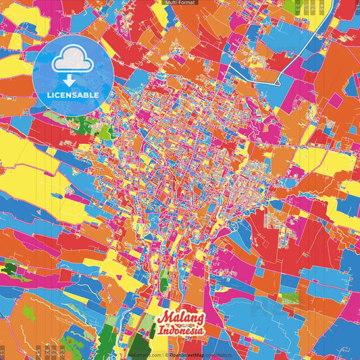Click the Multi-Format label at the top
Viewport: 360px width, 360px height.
point(179,3)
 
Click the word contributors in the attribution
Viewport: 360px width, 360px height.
point(217,355)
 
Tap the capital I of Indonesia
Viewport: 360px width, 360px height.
point(161,332)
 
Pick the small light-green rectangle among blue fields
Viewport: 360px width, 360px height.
point(290,298)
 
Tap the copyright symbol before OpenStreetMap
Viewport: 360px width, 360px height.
point(167,355)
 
